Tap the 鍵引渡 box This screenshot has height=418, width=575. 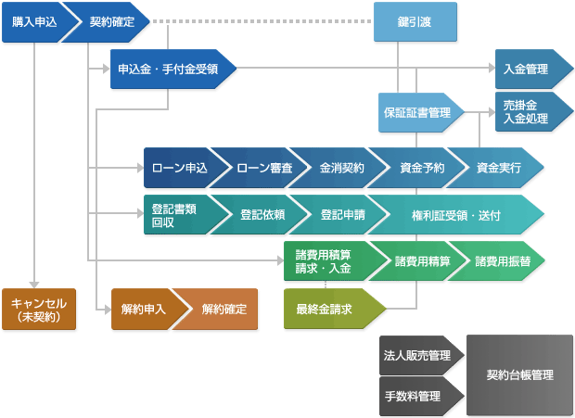click(x=415, y=21)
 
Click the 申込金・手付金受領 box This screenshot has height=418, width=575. click(x=171, y=69)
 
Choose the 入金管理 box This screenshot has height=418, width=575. click(x=525, y=69)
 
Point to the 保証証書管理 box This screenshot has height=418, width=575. click(x=417, y=112)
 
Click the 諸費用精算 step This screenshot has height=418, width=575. click(x=421, y=260)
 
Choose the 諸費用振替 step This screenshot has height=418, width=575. click(x=501, y=260)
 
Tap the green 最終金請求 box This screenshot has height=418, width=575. click(x=325, y=309)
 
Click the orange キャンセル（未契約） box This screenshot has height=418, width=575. click(x=38, y=309)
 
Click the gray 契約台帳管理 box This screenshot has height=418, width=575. click(x=519, y=375)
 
